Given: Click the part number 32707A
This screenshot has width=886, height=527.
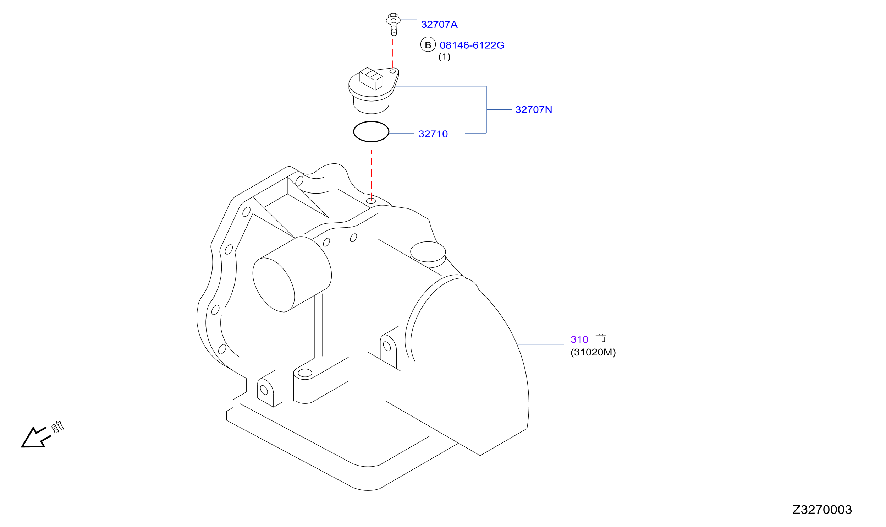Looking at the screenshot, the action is tap(439, 25).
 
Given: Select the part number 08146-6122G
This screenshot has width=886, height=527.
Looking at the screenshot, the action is tap(472, 45).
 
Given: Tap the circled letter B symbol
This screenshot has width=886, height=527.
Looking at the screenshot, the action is tap(428, 45).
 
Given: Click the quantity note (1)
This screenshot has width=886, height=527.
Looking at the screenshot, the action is tap(444, 56).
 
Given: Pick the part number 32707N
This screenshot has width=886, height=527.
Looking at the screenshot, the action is tap(533, 110).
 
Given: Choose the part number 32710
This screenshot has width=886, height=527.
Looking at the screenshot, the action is tap(433, 134).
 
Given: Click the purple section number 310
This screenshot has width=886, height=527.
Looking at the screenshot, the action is tap(579, 339).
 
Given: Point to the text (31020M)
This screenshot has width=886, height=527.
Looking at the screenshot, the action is tap(593, 352).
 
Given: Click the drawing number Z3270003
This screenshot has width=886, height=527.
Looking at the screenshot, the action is tap(822, 510).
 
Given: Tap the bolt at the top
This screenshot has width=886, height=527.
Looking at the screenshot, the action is tap(393, 24).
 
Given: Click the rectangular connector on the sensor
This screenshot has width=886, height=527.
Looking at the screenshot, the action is tap(371, 78).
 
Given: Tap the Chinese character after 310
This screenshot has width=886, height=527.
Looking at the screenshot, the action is tap(601, 339).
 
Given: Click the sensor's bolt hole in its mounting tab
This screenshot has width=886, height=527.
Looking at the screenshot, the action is tap(392, 71).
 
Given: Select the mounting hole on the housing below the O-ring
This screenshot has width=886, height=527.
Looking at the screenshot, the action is tap(371, 201).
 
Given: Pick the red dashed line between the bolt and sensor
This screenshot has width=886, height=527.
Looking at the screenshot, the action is tap(393, 53).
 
